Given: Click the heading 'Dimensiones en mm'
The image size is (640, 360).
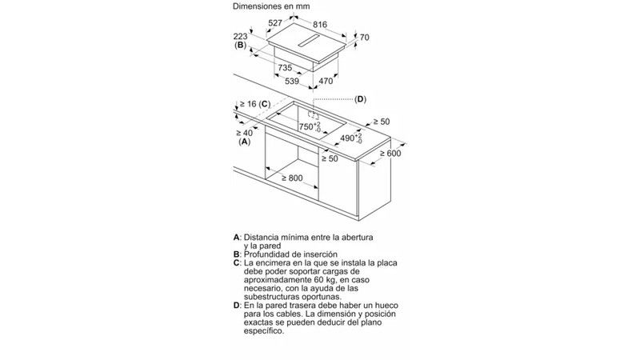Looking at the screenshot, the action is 271,6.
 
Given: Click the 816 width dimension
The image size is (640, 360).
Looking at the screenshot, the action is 320,25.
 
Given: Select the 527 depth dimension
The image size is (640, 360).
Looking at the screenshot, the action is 275,23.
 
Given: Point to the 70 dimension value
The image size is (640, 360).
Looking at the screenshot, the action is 365,37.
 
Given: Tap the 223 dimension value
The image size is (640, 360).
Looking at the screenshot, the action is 241,36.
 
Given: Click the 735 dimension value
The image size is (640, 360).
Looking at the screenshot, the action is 285,67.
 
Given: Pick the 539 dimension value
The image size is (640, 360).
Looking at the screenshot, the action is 292,82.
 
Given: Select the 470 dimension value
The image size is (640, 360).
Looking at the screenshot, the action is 326,82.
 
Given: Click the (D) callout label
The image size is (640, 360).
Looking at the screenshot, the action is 361,99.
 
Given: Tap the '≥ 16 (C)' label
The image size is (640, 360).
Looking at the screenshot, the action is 255,104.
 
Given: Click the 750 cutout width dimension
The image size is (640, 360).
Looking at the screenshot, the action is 310,127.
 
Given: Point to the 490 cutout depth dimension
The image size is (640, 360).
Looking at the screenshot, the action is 351,138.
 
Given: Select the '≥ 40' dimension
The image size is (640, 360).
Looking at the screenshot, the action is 244,133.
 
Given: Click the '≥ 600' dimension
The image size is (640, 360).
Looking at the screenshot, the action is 390,154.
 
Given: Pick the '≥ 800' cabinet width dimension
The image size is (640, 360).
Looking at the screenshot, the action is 292,178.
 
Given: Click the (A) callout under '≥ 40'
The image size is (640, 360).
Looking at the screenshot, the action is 245,142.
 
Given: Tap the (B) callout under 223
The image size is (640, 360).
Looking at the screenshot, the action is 241,45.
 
